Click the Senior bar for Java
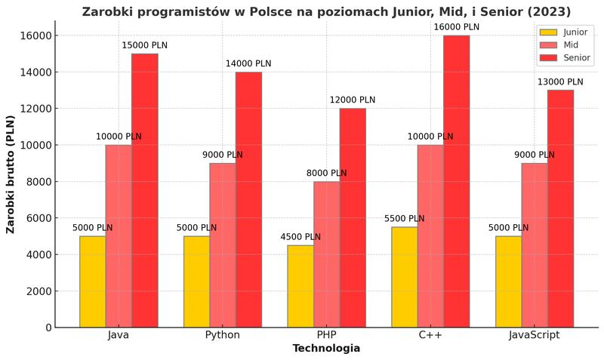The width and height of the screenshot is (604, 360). (x=145, y=190)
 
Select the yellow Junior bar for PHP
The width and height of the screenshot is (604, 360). (x=300, y=286)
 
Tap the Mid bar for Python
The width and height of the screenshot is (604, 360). (x=223, y=245)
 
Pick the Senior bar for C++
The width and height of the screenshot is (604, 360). (x=456, y=181)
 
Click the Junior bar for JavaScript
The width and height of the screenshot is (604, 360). (x=508, y=282)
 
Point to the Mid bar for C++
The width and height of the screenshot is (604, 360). (x=430, y=235)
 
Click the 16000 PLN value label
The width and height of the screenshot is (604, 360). (x=456, y=27)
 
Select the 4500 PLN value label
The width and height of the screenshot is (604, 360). (x=300, y=237)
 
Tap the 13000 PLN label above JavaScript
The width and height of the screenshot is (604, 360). (x=560, y=82)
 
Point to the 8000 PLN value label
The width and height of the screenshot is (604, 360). (x=326, y=173)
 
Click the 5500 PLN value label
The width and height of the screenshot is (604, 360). (x=404, y=219)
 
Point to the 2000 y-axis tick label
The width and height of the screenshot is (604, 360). (x=38, y=291)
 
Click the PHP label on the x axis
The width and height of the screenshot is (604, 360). (x=326, y=335)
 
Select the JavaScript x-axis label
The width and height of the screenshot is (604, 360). (x=534, y=335)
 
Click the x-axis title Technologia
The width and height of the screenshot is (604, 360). (x=326, y=349)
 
